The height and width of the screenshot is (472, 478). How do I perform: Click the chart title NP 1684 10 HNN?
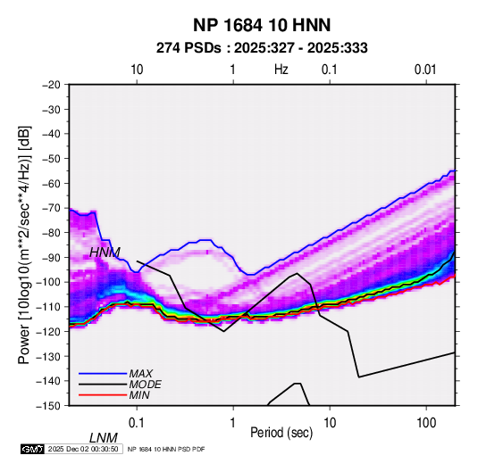coord(262,25)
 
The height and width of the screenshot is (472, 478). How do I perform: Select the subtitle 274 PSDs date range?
coord(262,48)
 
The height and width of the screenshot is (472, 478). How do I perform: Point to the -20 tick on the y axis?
coord(51,85)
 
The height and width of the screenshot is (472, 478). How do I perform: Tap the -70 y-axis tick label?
coord(51,208)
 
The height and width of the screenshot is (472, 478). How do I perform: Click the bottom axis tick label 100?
coord(426,423)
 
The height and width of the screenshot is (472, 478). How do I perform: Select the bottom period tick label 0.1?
coord(137,423)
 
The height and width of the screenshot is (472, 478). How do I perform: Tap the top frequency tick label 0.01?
coord(425,70)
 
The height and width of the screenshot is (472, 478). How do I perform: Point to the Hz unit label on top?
coord(281,70)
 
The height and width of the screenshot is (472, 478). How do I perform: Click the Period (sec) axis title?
coord(281,433)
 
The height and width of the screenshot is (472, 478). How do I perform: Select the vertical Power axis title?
coord(24,245)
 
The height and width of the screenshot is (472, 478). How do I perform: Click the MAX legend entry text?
coord(141,374)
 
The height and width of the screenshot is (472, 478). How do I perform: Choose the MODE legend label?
coord(145,385)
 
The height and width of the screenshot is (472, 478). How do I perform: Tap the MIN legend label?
coord(139,395)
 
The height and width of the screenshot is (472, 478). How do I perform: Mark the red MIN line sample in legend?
coord(103,395)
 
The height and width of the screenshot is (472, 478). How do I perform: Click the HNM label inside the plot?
coord(105,253)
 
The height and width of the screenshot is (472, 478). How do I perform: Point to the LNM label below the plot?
coord(104,438)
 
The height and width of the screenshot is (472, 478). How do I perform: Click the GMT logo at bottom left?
coord(33,449)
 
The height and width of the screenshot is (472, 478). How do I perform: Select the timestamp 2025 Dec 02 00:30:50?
coord(83,449)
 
